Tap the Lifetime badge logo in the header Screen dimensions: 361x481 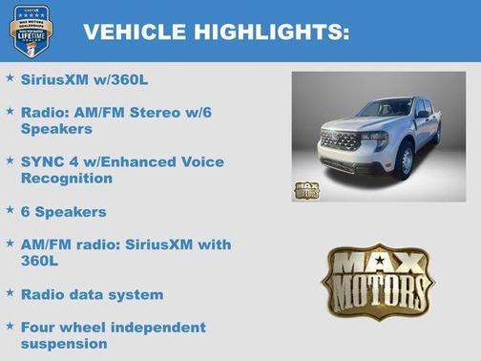click(31, 31)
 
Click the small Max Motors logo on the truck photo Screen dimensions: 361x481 click(306, 187)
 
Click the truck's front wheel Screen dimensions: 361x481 click(405, 160)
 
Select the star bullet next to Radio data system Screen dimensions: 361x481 click(10, 293)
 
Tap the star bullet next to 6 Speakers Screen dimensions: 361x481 click(10, 209)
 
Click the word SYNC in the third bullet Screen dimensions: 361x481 click(40, 161)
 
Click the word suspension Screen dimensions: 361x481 click(63, 343)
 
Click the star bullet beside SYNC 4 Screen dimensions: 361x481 click(10, 160)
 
